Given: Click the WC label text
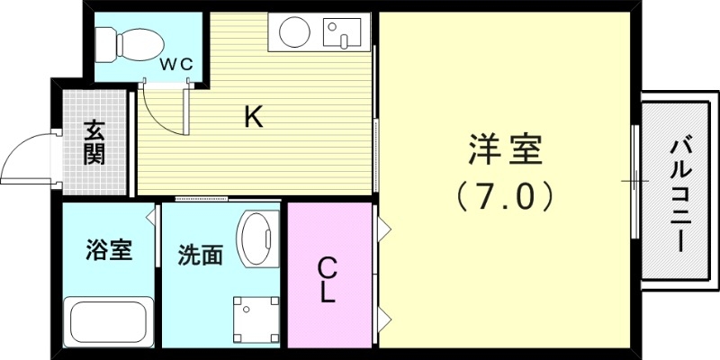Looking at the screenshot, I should (x=175, y=65).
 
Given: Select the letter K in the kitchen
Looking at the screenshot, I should (x=254, y=116).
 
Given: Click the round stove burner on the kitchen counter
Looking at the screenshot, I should (x=294, y=34).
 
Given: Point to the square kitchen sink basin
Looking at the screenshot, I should (x=341, y=34).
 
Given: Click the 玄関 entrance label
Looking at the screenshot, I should (x=94, y=142).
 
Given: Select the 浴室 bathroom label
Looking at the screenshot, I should (x=109, y=249).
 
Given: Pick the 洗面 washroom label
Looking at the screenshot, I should (x=199, y=256).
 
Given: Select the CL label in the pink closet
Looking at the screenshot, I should (x=328, y=279).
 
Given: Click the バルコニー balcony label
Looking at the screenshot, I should (x=680, y=193).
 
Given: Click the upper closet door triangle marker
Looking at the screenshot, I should (x=384, y=229).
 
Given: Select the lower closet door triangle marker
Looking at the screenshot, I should (x=384, y=317).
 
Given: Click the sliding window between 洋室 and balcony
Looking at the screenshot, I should (x=635, y=180).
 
